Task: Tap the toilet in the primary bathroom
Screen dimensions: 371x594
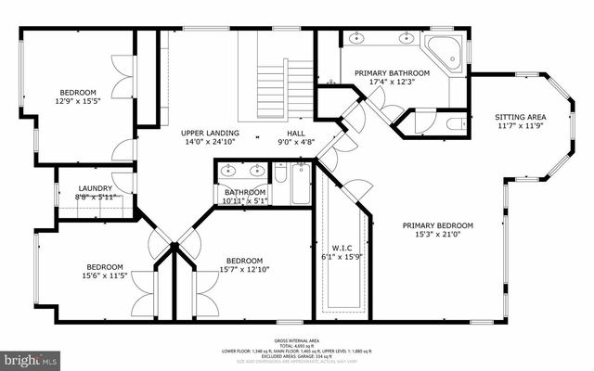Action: [x=454, y=122]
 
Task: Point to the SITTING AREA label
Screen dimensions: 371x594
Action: [x=520, y=117]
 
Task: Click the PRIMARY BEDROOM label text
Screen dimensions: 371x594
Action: [x=438, y=225]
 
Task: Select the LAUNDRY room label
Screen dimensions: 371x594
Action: [x=95, y=188]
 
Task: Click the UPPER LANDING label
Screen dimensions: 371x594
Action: [x=209, y=134]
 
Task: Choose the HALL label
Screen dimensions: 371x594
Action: [x=296, y=134]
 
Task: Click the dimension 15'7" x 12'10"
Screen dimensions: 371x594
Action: [x=244, y=270]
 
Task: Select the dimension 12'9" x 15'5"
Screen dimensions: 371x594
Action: [x=78, y=102]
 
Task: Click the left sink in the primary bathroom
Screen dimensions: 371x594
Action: [x=358, y=38]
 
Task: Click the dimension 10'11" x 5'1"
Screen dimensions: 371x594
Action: [x=244, y=201]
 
